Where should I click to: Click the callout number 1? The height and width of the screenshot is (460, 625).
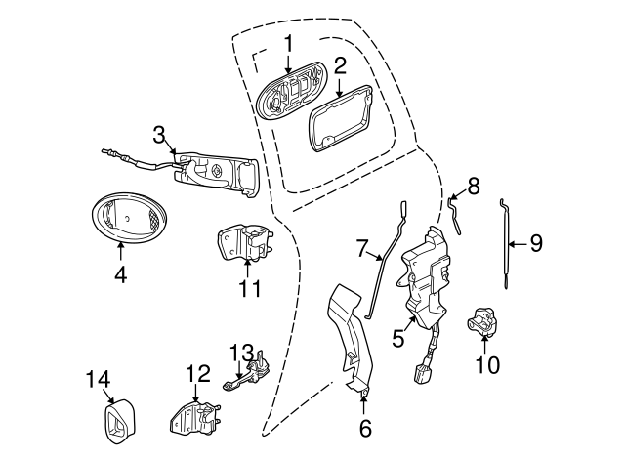tap(289, 43)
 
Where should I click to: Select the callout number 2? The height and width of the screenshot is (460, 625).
tap(340, 66)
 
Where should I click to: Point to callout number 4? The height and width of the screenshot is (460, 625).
tap(120, 275)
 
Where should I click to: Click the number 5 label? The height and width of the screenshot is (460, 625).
tap(398, 338)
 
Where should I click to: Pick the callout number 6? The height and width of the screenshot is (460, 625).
tap(365, 427)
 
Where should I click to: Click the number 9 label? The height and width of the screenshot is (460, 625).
tap(535, 243)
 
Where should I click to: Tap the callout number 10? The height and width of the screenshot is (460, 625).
tap(486, 365)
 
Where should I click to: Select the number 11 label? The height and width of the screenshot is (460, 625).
tap(250, 288)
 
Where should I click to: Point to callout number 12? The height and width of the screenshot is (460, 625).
tap(197, 372)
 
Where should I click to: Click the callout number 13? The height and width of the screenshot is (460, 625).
tap(241, 352)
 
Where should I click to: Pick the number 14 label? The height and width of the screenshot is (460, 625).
tap(99, 380)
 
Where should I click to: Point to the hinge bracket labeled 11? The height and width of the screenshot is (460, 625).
tap(245, 243)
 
